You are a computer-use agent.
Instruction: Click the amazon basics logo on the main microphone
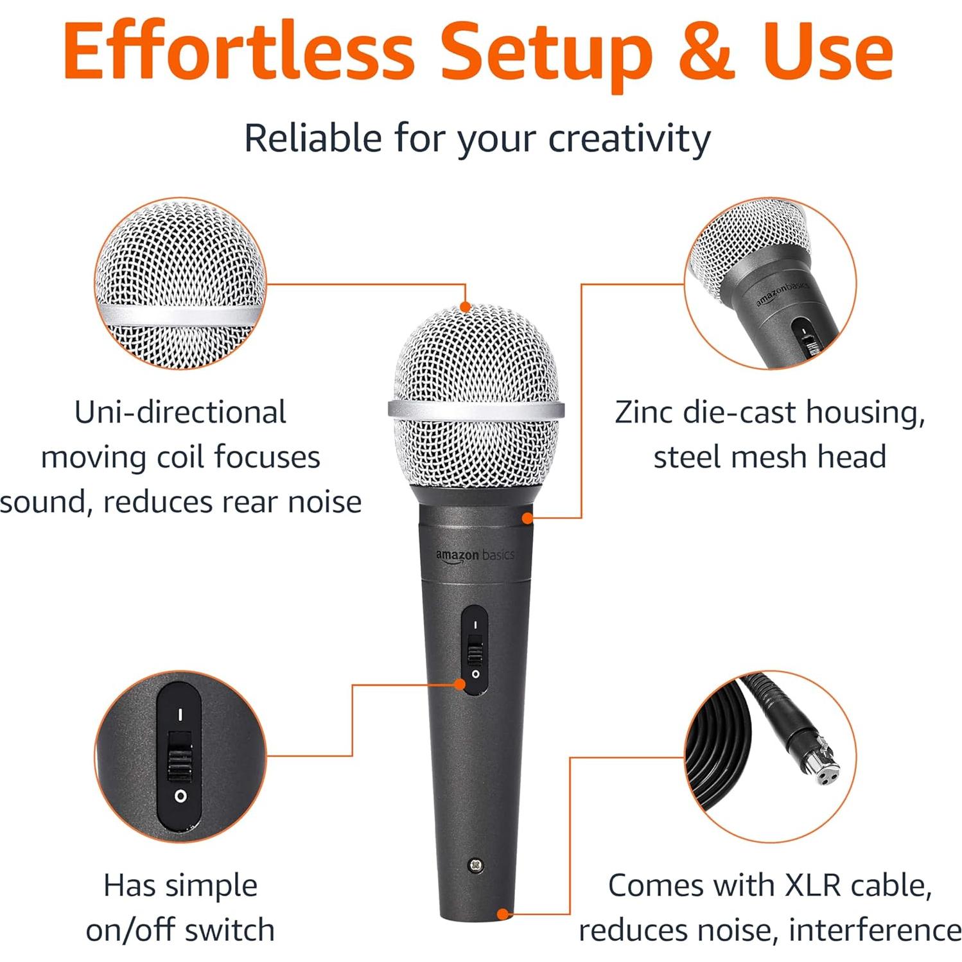(475, 555)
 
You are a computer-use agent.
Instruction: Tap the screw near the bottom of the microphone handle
(476, 865)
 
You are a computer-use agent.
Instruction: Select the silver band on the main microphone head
(476, 409)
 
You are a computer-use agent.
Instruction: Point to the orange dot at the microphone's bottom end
(503, 914)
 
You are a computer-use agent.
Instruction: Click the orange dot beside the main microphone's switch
(460, 685)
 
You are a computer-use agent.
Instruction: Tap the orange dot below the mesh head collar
(527, 517)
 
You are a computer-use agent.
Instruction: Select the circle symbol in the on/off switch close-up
(180, 796)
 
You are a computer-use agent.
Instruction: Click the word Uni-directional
(180, 412)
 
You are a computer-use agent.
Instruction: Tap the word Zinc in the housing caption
(643, 412)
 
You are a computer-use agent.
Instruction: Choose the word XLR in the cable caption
(812, 886)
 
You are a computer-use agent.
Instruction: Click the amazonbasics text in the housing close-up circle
(781, 294)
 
